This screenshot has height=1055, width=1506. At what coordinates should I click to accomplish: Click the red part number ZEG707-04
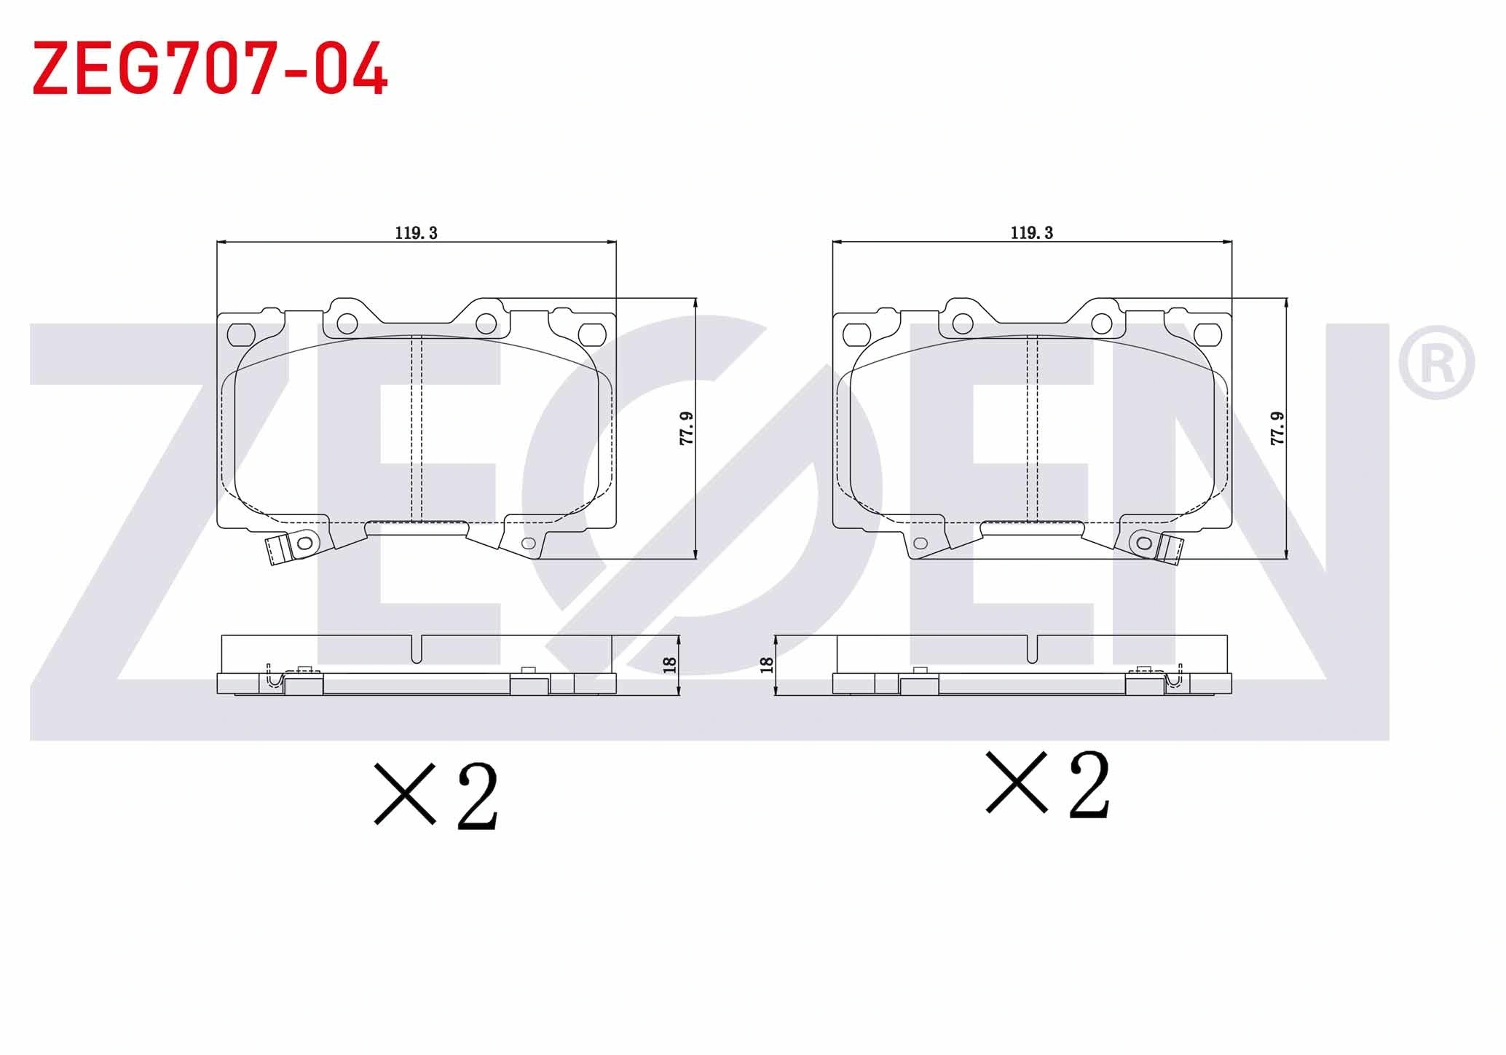[x=210, y=68]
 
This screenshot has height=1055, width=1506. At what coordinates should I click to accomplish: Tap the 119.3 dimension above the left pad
[x=416, y=233]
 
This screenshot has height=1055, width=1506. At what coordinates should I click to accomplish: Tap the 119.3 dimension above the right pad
[x=1031, y=233]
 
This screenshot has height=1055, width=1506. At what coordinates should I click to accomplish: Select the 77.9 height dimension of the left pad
[x=686, y=428]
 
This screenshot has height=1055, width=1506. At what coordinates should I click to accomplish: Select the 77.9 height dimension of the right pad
[x=1277, y=428]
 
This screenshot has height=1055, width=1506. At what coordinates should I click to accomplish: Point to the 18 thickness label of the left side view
[x=670, y=664]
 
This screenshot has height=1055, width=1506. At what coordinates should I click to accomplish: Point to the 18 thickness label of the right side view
[x=766, y=664]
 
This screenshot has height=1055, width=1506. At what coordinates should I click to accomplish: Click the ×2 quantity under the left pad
[x=436, y=796]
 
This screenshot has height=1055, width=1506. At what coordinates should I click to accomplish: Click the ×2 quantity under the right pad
[x=1048, y=784]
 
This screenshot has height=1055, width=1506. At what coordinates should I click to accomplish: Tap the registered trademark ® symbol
[x=1436, y=363]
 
